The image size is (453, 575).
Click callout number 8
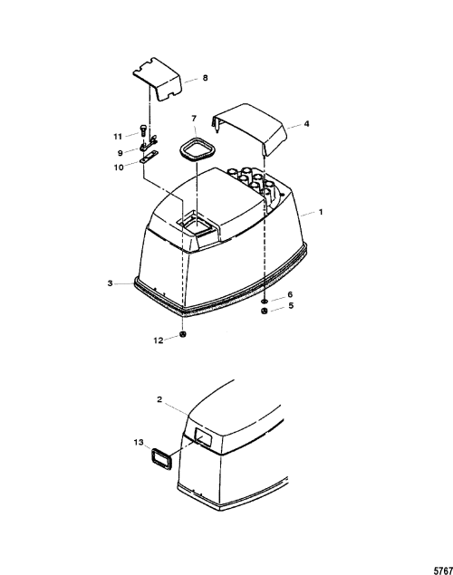coord(205,78)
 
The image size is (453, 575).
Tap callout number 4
coord(306,124)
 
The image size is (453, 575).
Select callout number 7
coord(194,118)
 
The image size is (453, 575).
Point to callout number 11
coord(118,137)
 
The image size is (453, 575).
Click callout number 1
coord(321,212)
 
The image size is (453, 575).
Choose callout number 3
coord(110,283)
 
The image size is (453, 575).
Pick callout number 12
coord(158,340)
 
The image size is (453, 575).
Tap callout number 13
coord(139,443)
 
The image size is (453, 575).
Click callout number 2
coord(159,399)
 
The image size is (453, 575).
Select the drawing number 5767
coord(443,570)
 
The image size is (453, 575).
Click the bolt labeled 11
coord(143,129)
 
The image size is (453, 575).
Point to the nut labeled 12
coord(183,334)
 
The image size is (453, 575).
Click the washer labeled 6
coord(264,302)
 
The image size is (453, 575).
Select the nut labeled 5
coord(264,311)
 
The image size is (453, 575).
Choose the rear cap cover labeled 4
coord(249,129)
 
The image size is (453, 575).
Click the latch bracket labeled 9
coord(149,143)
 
